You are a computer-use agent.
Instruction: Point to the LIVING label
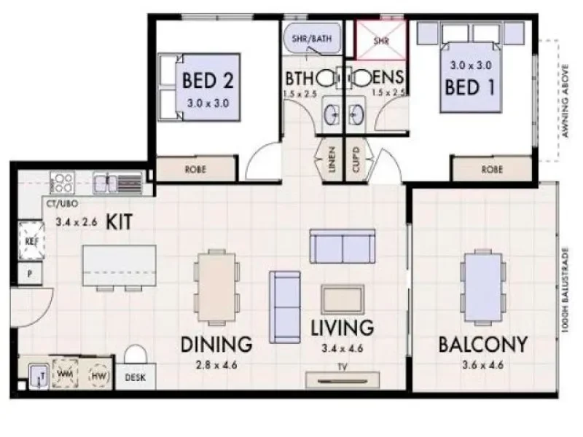point(342,328)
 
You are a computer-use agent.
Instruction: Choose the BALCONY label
point(482,344)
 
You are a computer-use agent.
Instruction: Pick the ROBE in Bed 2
point(196,170)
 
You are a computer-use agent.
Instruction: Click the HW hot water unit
point(98,375)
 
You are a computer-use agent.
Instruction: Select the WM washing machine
point(64,372)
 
